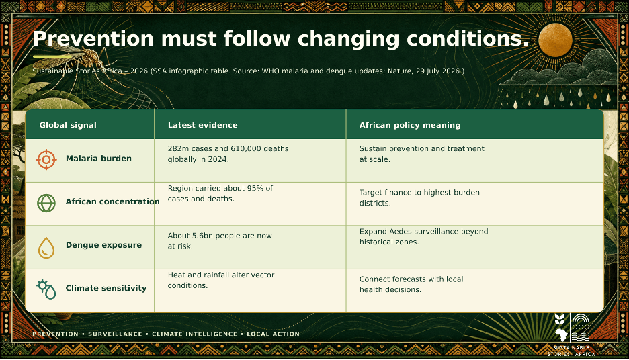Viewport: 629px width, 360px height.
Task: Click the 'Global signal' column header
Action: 68,125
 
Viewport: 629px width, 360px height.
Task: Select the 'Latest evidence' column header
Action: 202,125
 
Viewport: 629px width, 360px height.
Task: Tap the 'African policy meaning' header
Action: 410,125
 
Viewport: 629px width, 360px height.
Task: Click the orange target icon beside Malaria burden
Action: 46,160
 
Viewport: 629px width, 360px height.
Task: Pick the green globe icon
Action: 46,203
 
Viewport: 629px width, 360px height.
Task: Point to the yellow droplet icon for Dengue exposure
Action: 46,247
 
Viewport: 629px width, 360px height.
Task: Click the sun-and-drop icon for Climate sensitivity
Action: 46,289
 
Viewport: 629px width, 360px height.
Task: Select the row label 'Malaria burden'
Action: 99,159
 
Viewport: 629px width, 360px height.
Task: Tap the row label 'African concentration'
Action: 113,201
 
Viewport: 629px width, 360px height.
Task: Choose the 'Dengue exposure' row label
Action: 104,245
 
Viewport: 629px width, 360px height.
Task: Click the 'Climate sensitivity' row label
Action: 106,288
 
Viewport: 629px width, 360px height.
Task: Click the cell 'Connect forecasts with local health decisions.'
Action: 411,284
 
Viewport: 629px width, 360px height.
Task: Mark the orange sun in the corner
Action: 555,40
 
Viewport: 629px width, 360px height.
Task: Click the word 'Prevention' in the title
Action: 93,39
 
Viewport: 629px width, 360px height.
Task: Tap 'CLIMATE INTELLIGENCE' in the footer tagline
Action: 195,334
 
